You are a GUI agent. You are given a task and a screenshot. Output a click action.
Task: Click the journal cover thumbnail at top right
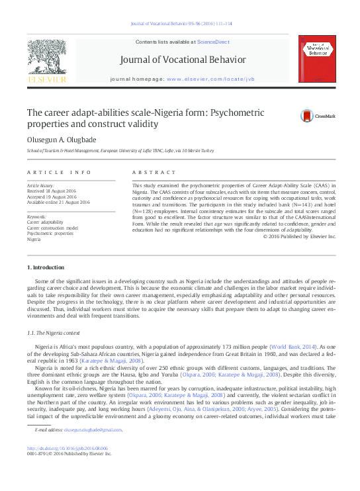point(312,61)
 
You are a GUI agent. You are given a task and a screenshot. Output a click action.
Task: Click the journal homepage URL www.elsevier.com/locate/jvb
point(210,79)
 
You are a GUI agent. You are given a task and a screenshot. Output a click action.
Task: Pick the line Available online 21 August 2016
point(58,202)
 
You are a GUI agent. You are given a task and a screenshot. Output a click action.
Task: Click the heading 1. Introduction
point(46,267)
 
